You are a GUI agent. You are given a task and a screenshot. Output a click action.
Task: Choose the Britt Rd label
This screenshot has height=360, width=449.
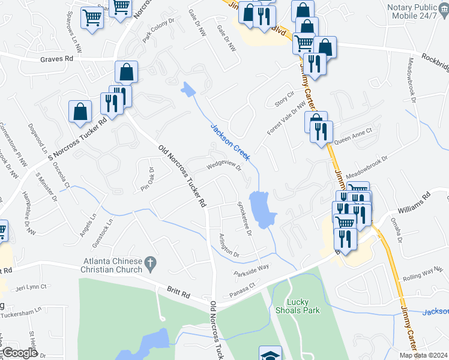[179, 295]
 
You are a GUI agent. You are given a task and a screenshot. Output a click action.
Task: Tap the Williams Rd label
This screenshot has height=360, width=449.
[414, 204]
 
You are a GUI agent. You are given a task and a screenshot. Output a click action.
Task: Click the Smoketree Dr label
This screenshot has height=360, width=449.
[244, 218]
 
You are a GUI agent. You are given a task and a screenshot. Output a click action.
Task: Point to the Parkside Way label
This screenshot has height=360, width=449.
[252, 270]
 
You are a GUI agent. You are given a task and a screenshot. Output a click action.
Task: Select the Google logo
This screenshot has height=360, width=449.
[20, 353]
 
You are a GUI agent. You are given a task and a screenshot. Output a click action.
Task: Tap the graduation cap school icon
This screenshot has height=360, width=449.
[270, 355]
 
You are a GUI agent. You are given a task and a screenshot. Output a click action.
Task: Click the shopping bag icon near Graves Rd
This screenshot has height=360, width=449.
[127, 73]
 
